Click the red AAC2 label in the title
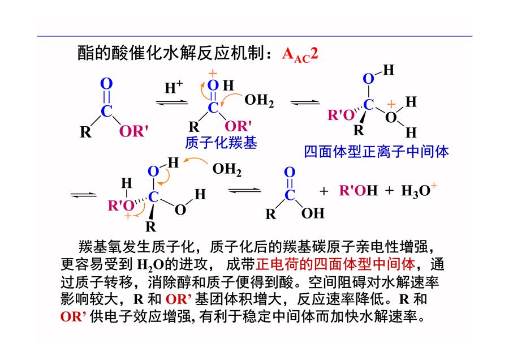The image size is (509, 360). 300,54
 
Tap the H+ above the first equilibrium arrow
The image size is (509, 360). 174,87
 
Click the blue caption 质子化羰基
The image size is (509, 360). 221,143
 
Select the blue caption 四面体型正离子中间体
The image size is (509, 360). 376,152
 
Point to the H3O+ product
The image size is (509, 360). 419,190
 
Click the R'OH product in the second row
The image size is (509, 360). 359,190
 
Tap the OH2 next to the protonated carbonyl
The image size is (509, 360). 259,101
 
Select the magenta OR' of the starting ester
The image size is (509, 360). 133,131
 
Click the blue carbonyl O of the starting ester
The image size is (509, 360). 106,84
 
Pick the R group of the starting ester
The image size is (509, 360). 86,132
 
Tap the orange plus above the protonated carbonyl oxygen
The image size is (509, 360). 213,74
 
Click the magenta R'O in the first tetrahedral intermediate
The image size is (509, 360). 341,115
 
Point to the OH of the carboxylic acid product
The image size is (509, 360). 313,213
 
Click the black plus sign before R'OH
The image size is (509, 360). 323,191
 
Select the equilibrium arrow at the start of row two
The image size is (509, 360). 84,195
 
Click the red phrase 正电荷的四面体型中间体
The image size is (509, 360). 335,264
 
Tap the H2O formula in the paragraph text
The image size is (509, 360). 150,265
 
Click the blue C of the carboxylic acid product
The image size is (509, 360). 290,195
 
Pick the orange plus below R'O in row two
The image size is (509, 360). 128,216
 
